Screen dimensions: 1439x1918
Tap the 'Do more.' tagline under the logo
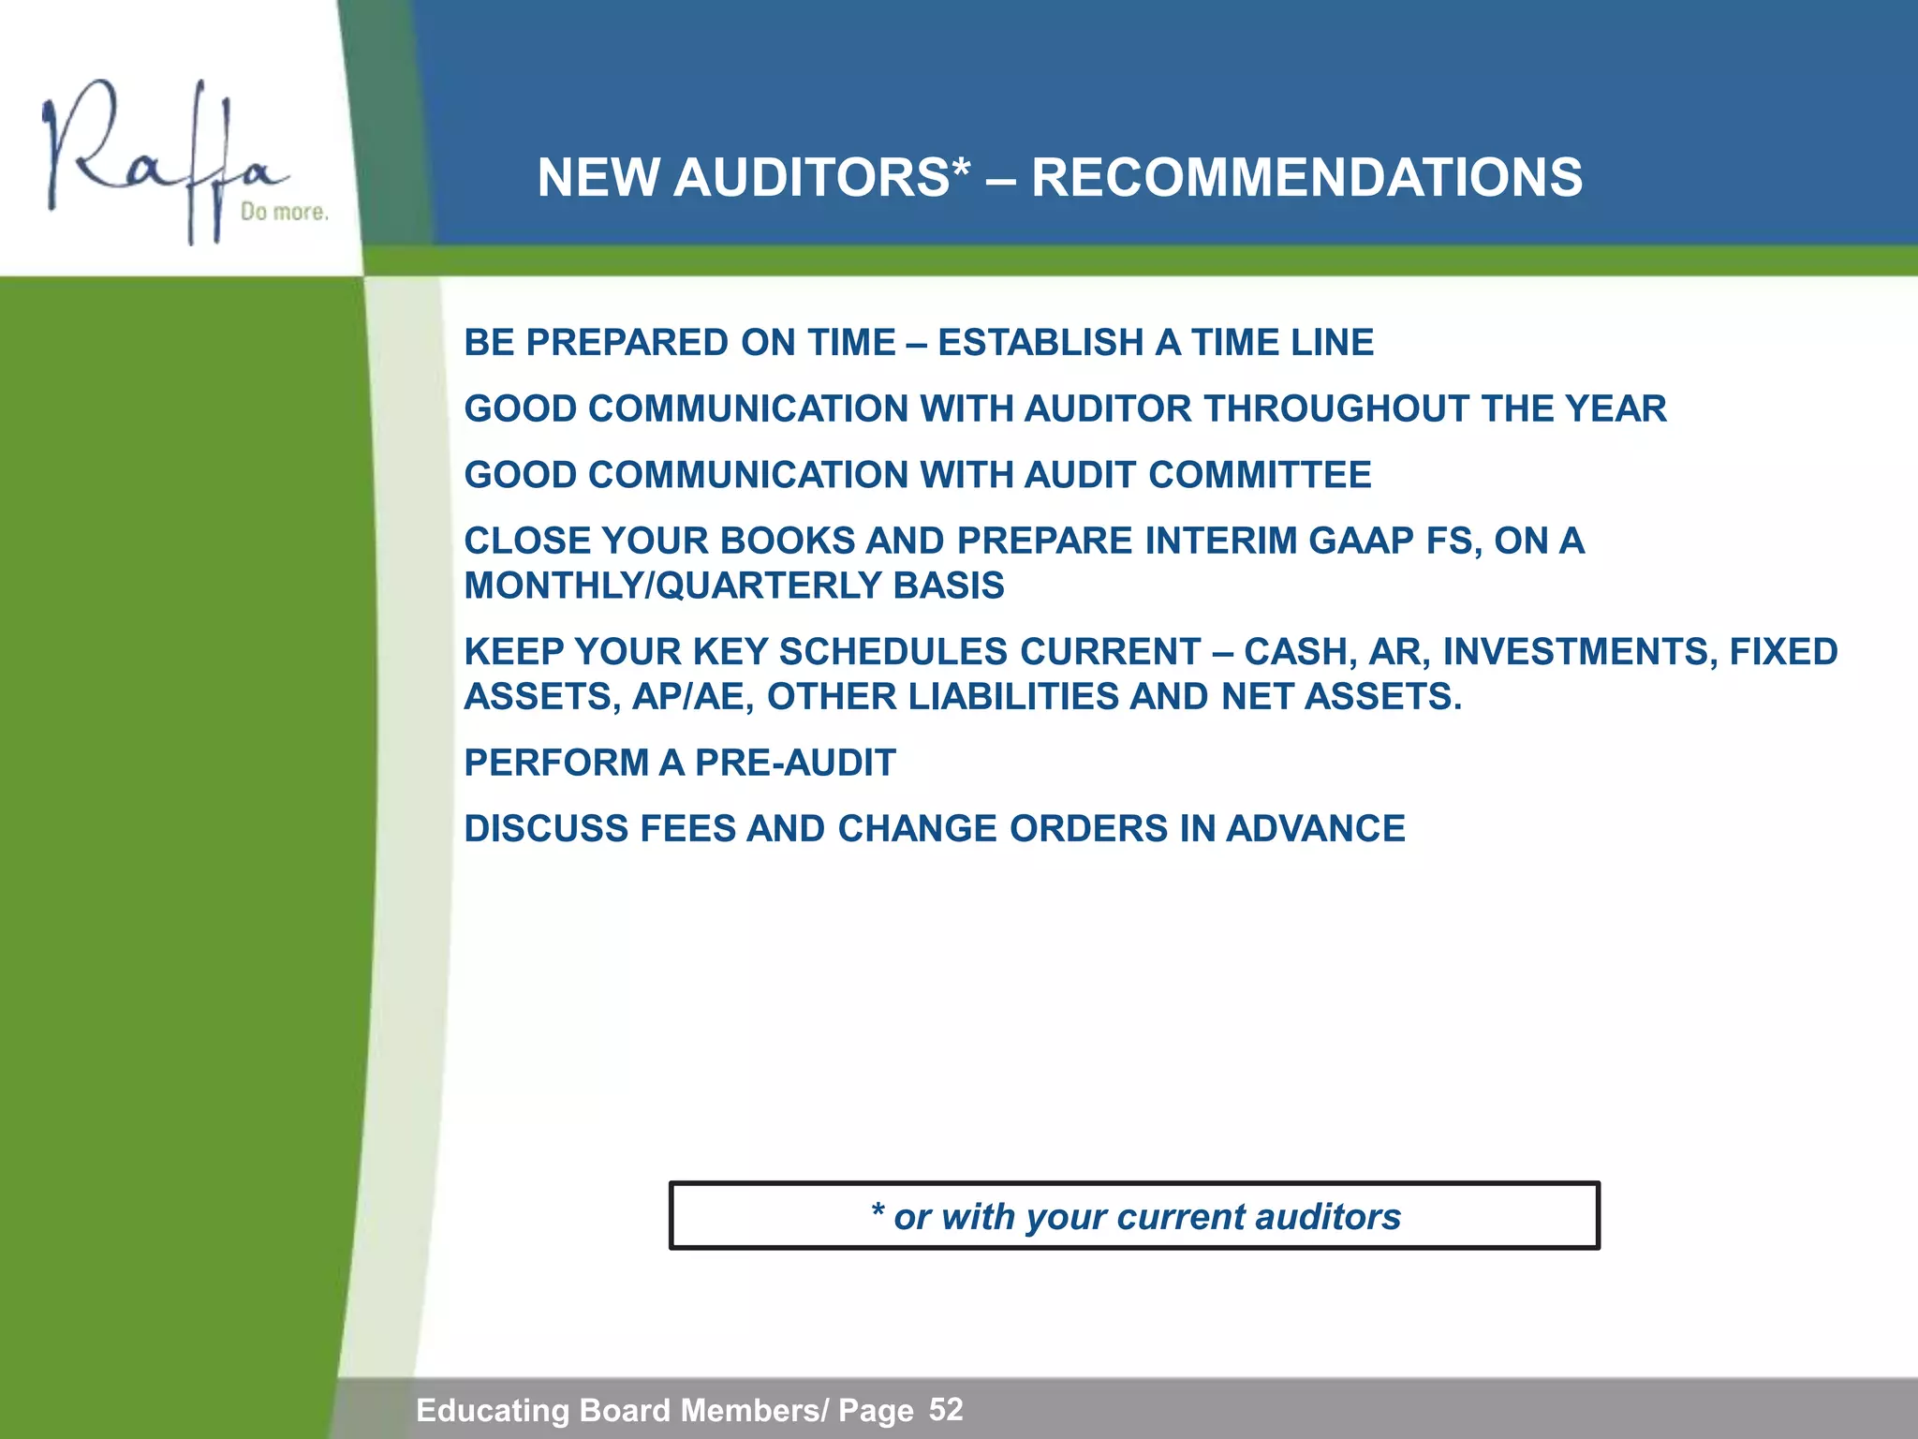(x=284, y=212)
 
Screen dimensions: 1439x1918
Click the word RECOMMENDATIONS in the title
(x=1306, y=177)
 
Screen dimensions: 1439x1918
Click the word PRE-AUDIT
(x=795, y=763)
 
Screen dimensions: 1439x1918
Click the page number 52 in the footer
(x=946, y=1409)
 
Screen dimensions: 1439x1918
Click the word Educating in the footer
(x=493, y=1410)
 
